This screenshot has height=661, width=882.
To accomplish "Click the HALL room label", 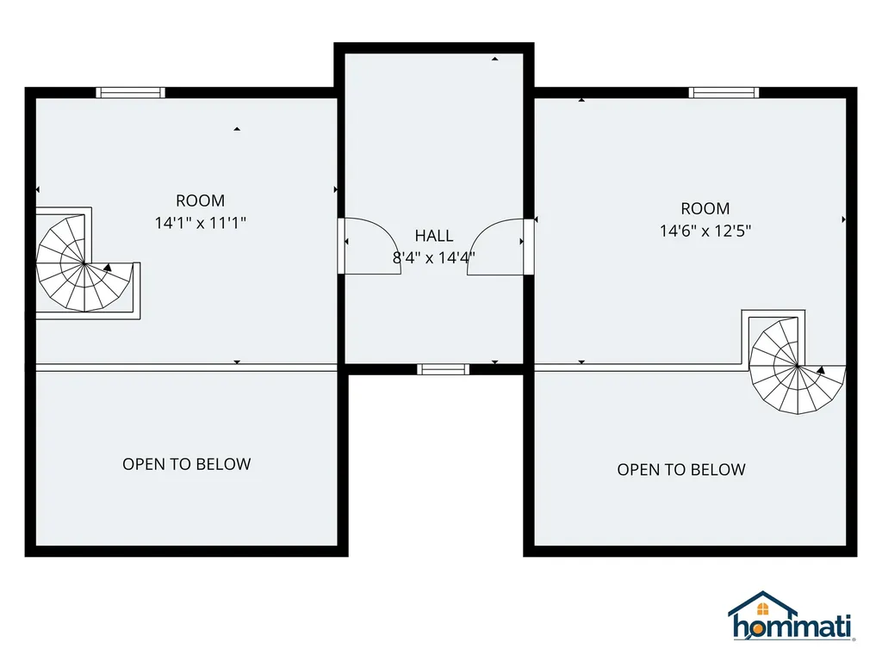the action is [x=434, y=236].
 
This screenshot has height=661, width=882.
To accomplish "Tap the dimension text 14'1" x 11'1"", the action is [x=200, y=223].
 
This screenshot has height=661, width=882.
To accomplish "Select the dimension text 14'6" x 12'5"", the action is [x=705, y=231].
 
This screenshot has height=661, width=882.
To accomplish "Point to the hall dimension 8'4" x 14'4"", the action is [x=434, y=258].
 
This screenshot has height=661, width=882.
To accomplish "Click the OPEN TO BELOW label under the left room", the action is [x=187, y=464].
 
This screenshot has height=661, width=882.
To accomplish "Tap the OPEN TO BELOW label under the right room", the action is [x=681, y=470].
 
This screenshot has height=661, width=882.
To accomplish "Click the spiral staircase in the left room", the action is [x=84, y=263].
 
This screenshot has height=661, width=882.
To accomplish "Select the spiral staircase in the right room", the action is [x=798, y=366].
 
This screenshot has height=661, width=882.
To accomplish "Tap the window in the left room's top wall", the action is [x=131, y=93].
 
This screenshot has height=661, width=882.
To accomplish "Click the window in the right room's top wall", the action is [x=724, y=93].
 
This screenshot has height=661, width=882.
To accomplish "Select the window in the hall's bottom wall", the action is [x=444, y=369].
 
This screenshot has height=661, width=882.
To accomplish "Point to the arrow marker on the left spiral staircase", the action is [x=108, y=268].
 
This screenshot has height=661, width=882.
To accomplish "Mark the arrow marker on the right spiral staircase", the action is [x=821, y=370].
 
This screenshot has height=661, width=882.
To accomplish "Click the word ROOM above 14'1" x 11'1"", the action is [x=200, y=201].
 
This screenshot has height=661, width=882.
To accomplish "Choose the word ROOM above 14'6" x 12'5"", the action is [x=705, y=208].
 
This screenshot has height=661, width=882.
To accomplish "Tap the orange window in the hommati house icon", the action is [x=763, y=609].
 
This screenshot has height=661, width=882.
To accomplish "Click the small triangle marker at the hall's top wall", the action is [x=495, y=59].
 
